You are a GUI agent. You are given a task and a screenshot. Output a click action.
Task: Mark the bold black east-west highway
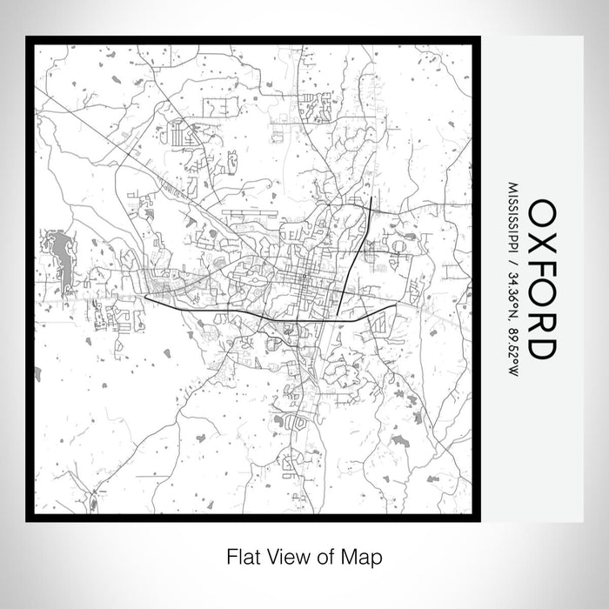261,314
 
